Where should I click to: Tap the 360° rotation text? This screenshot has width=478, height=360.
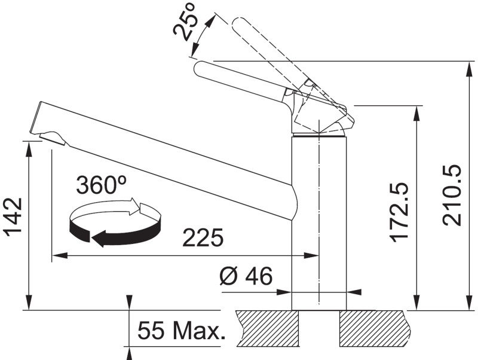pos(101,185)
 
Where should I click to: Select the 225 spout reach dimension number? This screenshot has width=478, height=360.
pos(203,237)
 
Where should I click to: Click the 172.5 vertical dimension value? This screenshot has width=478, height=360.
pos(399,212)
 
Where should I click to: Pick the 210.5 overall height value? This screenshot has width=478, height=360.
pos(452,196)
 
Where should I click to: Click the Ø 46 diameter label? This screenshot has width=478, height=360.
pos(246,276)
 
